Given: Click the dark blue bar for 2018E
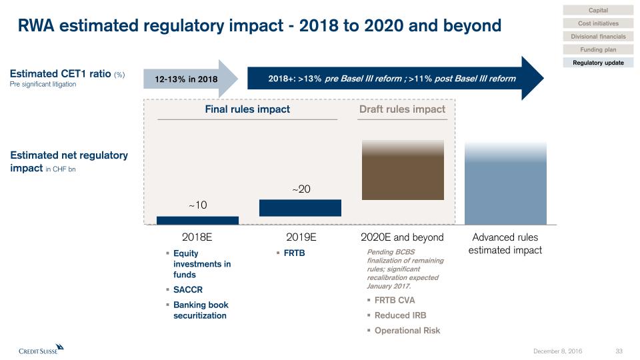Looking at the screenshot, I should coord(197,220).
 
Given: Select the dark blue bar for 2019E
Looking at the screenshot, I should coord(300,208).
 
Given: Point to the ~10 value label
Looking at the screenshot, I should coord(197,205).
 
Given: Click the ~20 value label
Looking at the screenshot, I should coord(301,189).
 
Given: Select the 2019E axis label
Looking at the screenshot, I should coord(301,237).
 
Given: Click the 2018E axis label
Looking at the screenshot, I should coord(197,237).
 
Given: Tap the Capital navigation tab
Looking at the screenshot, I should coord(598,10).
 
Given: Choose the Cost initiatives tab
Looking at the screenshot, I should coord(598,23).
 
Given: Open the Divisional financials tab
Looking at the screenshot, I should coord(598,37).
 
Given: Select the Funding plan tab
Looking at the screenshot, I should coord(598,49).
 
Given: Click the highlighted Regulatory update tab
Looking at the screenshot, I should coord(598,63).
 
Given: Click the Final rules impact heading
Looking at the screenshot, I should coord(247,109).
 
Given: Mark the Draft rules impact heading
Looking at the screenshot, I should coord(402,109).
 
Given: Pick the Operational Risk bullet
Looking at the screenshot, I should coord(407,331).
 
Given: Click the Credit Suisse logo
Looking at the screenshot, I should coord(41,349).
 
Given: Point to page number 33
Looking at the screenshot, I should coord(619,351).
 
